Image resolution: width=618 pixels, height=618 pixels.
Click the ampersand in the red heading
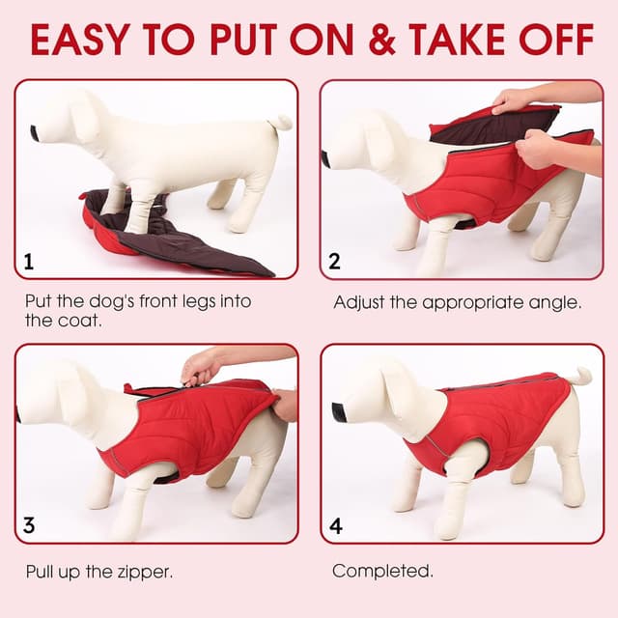(x=382, y=40)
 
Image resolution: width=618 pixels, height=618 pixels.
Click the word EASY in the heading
(x=80, y=40)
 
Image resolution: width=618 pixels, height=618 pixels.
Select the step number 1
(x=29, y=262)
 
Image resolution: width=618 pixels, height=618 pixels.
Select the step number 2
(x=334, y=262)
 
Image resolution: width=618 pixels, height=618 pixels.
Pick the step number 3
(x=29, y=525)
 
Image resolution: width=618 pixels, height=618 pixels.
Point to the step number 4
(x=335, y=525)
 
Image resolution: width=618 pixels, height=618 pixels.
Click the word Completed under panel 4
(x=382, y=571)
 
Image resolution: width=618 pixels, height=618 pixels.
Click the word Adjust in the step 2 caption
(x=358, y=302)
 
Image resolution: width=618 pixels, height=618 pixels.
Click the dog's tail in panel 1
(x=282, y=123)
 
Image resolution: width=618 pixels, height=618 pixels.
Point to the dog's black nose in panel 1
(x=35, y=133)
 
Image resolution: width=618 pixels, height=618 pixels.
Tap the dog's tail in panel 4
(x=580, y=378)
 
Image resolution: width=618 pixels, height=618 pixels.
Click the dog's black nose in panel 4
(x=339, y=412)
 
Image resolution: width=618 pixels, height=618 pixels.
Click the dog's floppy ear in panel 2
(x=381, y=145)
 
